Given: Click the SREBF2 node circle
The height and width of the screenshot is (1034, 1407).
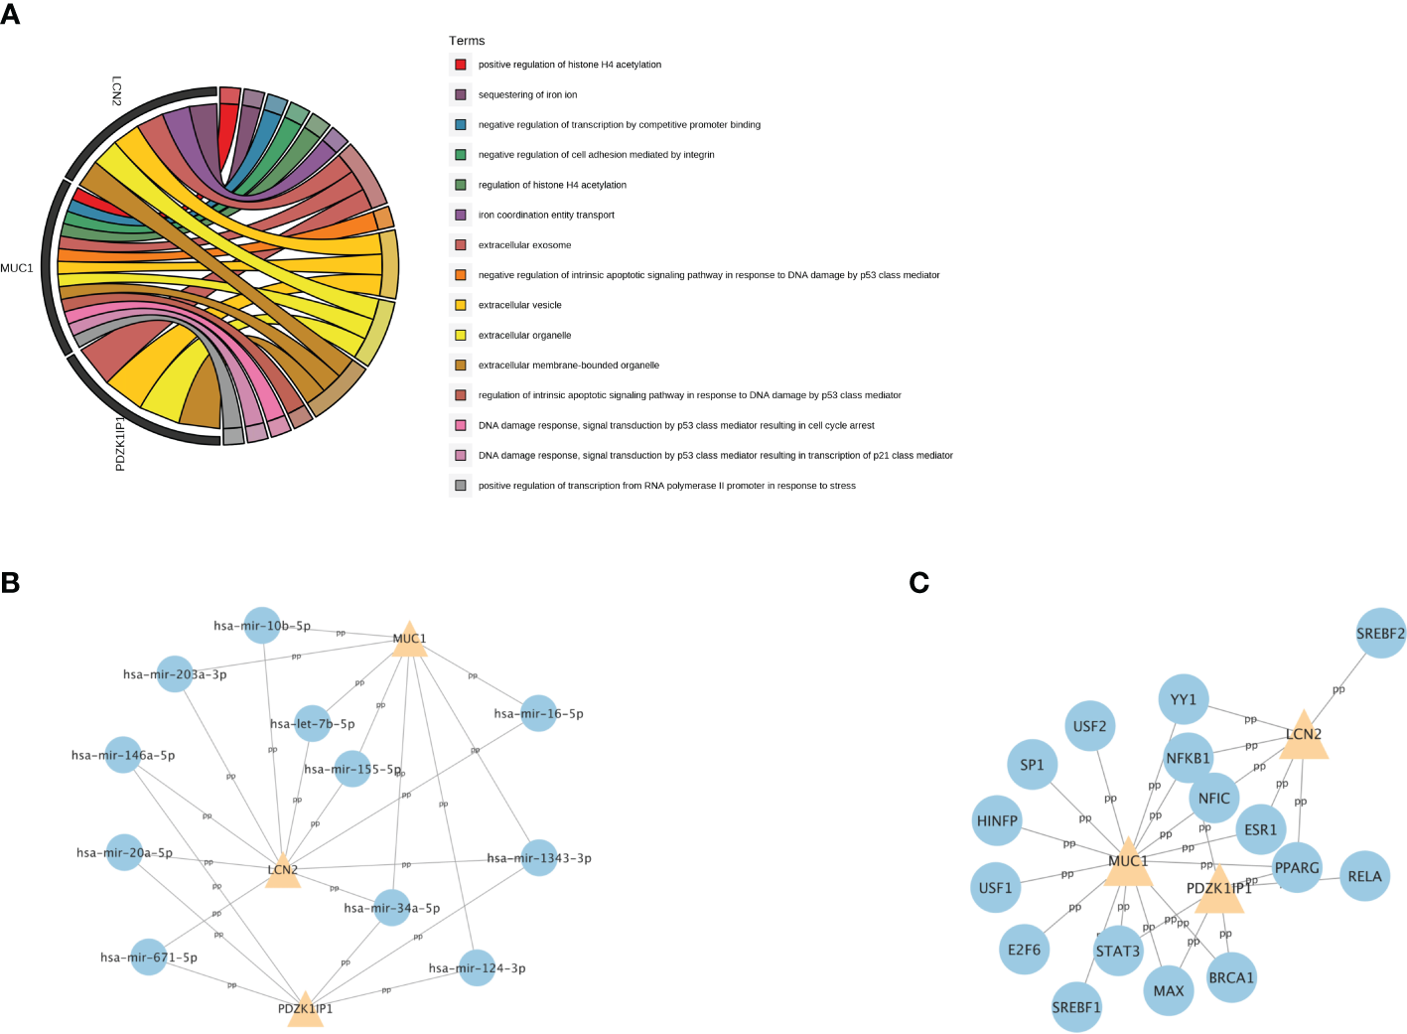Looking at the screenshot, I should point(1380,633).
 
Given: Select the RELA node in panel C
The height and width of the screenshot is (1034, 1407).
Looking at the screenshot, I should point(1364,876).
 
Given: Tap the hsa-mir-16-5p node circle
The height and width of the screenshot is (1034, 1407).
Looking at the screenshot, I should point(538,713).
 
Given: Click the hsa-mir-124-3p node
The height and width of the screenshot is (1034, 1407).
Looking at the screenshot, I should point(477,968).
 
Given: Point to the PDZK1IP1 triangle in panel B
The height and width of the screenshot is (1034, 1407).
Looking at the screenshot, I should point(305,1009).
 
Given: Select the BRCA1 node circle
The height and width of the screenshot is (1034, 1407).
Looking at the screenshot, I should point(1231,977).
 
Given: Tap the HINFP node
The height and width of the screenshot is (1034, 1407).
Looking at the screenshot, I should point(997,820).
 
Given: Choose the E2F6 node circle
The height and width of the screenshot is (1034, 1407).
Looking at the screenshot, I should point(1024,950).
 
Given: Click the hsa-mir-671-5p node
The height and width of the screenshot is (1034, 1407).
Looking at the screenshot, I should point(149,958).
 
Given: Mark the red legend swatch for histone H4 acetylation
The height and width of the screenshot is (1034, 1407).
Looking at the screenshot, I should point(461,65).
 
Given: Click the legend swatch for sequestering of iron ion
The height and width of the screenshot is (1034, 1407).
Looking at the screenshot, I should point(461,94).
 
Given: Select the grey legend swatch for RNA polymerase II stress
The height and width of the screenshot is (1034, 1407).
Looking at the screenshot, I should point(461,486).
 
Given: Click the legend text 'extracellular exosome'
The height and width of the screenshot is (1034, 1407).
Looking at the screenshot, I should point(524,245).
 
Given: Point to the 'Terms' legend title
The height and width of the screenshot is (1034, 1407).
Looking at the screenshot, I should point(467,41).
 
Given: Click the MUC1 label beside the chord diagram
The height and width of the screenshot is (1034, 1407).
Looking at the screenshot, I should point(17,268).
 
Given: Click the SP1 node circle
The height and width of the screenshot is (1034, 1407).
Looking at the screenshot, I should point(1032,765).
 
